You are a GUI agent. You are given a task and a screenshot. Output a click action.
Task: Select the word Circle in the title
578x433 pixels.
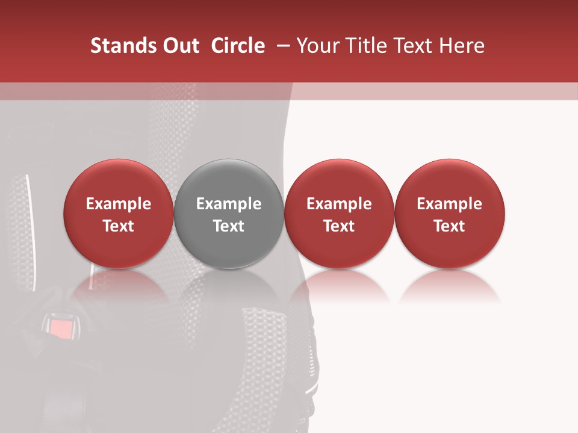(x=238, y=46)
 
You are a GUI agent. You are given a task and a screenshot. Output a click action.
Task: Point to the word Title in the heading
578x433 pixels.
(x=364, y=46)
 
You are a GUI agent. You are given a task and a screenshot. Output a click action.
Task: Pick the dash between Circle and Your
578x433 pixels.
(x=281, y=46)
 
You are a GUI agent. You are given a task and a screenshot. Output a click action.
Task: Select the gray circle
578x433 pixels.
(x=229, y=213)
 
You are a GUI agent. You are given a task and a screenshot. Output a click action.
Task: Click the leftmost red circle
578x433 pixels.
(x=119, y=213)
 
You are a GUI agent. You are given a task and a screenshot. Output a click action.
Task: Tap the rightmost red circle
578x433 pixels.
(x=450, y=213)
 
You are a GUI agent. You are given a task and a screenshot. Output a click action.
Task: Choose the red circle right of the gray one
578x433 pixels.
(x=339, y=213)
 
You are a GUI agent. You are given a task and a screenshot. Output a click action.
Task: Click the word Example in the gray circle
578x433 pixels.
(x=229, y=204)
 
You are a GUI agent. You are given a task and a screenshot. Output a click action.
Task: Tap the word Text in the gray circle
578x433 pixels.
(x=229, y=226)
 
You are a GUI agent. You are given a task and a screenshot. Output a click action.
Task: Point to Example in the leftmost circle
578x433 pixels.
(x=119, y=204)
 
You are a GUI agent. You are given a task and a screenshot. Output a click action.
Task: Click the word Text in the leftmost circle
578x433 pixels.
(x=119, y=226)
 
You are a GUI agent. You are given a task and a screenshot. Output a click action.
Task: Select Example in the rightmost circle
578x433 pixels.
(x=450, y=204)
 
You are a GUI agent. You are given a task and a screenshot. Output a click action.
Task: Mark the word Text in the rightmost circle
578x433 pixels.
(x=450, y=226)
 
